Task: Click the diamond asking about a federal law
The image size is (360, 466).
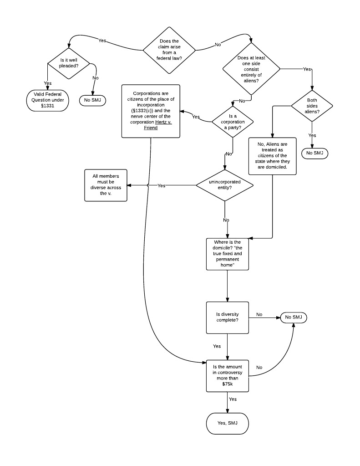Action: coord(169,50)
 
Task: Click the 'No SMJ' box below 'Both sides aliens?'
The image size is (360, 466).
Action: coord(314,153)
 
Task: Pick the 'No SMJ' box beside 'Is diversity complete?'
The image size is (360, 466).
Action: coord(294,317)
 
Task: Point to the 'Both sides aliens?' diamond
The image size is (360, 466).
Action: coord(312,106)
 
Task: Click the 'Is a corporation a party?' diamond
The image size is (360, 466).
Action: coord(233,122)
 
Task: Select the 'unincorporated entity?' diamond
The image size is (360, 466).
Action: coord(225,185)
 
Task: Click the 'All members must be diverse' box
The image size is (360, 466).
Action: coord(106,185)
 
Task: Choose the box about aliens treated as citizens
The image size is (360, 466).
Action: coord(272,156)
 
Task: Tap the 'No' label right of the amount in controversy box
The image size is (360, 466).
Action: coord(259,367)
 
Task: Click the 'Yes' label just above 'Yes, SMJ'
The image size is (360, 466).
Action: coord(233,399)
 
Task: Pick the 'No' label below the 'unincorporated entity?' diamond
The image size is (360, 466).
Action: coord(226,220)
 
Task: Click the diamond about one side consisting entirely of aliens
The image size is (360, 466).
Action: coord(251,69)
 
